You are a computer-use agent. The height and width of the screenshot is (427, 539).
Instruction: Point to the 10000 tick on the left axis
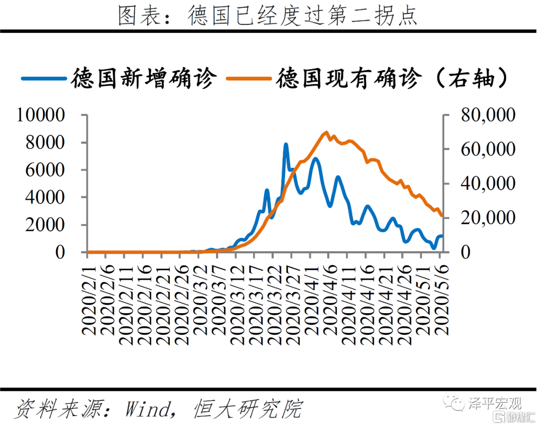(41, 116)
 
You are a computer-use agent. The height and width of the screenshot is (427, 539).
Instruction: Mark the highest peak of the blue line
(286, 144)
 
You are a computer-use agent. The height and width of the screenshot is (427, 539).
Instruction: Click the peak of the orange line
(326, 132)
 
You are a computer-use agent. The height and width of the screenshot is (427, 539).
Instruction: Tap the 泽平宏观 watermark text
(494, 403)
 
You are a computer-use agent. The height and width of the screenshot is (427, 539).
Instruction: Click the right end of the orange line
(442, 216)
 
